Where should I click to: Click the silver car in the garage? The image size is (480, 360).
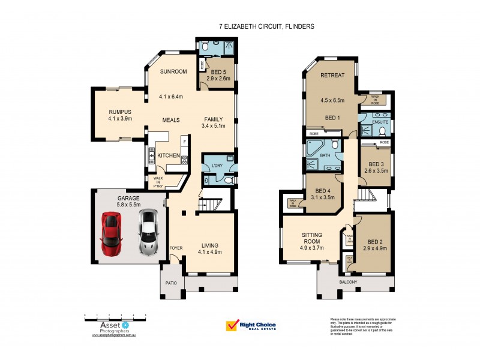[x=148, y=233]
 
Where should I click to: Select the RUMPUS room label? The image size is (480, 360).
[x=120, y=112]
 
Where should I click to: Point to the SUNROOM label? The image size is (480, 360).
[x=173, y=72]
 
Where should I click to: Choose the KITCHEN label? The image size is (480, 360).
[x=169, y=155]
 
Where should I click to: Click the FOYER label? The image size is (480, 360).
[x=176, y=247]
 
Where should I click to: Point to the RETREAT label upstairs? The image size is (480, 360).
[x=332, y=76]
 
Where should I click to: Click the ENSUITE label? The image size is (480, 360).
[x=380, y=122]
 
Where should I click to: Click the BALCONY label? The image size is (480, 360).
[x=347, y=282]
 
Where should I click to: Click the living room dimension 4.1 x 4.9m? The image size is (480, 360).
[x=210, y=252]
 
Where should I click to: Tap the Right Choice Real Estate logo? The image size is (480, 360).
[x=251, y=325]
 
